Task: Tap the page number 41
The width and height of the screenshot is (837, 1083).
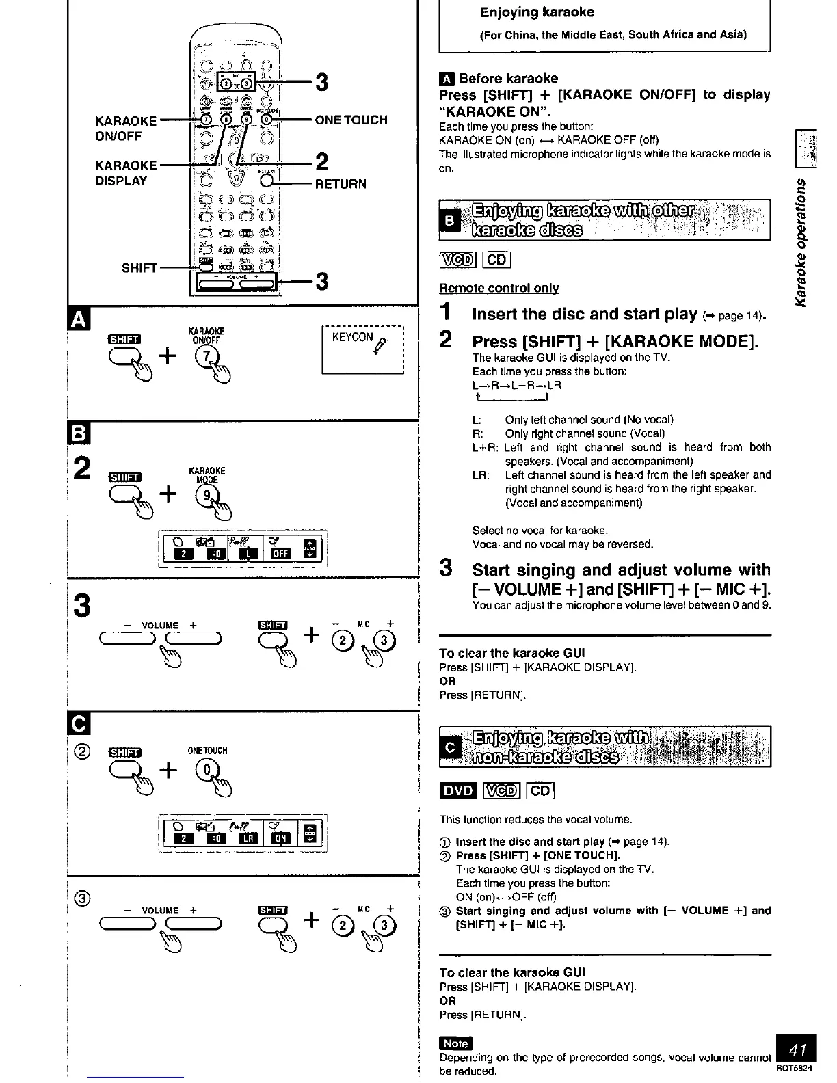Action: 797,1049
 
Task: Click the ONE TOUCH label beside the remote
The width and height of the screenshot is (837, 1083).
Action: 351,120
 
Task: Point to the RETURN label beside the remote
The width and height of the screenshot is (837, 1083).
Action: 341,184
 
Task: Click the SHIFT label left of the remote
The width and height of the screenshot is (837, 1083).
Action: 139,268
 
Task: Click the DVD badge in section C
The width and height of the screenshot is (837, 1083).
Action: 457,790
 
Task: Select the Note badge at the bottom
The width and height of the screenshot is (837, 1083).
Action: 455,1043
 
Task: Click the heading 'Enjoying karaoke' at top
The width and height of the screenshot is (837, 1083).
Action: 537,12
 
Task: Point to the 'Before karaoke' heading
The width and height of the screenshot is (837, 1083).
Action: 507,79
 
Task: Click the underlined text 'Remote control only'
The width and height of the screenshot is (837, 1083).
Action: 499,288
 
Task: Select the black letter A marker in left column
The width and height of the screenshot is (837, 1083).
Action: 77,319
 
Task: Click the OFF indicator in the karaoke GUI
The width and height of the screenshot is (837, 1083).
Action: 280,554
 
